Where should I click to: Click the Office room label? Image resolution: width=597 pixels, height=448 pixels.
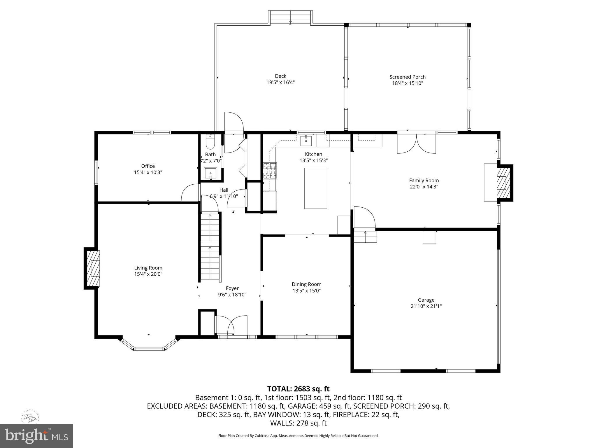pyautogui.click(x=148, y=166)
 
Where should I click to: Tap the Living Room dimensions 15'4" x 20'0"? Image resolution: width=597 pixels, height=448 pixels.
pyautogui.click(x=148, y=274)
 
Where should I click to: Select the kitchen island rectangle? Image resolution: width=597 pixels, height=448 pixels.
pyautogui.click(x=315, y=188)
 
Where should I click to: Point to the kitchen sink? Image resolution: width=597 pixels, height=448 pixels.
pyautogui.click(x=306, y=141)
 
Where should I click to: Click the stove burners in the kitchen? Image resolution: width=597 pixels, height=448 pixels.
pyautogui.click(x=270, y=171)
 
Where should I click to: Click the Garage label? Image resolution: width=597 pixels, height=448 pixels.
pyautogui.click(x=426, y=300)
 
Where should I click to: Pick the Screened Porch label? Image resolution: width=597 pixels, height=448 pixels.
pyautogui.click(x=407, y=77)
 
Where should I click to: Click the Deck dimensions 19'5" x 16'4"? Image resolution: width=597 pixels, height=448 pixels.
pyautogui.click(x=280, y=82)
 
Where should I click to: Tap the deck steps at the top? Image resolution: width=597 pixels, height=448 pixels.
pyautogui.click(x=290, y=17)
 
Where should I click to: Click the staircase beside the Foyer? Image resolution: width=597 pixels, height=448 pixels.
pyautogui.click(x=210, y=246)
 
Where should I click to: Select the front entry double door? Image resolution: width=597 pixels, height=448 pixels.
pyautogui.click(x=231, y=326)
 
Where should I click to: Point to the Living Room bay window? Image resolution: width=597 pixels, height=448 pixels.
pyautogui.click(x=149, y=346)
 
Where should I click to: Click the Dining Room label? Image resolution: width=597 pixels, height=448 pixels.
pyautogui.click(x=306, y=284)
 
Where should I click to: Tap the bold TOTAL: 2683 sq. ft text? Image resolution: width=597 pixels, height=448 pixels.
pyautogui.click(x=298, y=388)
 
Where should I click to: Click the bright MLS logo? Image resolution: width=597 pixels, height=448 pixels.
pyautogui.click(x=36, y=436)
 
